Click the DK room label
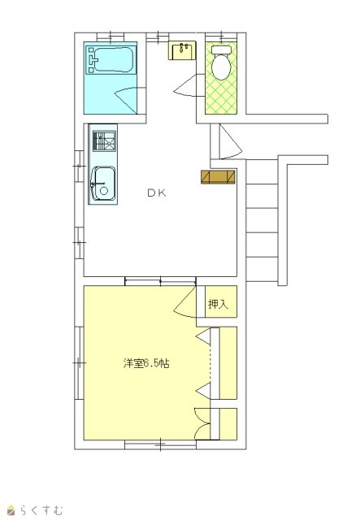(x=157, y=193)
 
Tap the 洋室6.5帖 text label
(x=146, y=363)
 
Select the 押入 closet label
(x=219, y=304)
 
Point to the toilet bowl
(x=221, y=67)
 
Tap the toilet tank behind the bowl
(x=221, y=50)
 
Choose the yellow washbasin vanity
(x=182, y=50)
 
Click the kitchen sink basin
(x=103, y=184)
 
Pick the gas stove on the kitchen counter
(x=104, y=141)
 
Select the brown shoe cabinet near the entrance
(x=218, y=177)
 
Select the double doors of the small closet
(x=202, y=423)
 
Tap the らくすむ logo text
(x=41, y=509)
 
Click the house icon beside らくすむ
(x=11, y=510)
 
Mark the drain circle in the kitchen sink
(x=104, y=191)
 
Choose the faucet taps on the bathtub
(x=93, y=59)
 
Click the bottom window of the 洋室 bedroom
(x=160, y=444)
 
